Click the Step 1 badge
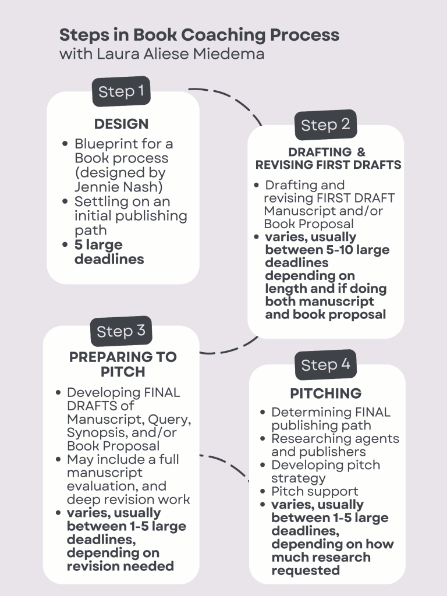click(121, 91)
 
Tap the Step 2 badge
click(325, 125)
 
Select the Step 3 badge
click(121, 331)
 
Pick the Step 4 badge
click(325, 365)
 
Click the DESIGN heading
click(121, 124)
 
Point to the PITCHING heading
click(325, 393)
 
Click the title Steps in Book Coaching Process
click(199, 34)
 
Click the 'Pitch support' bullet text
click(315, 491)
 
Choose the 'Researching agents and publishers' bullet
click(335, 445)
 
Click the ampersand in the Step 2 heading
click(361, 152)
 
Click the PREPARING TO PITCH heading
click(123, 364)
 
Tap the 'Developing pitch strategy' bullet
click(325, 471)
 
